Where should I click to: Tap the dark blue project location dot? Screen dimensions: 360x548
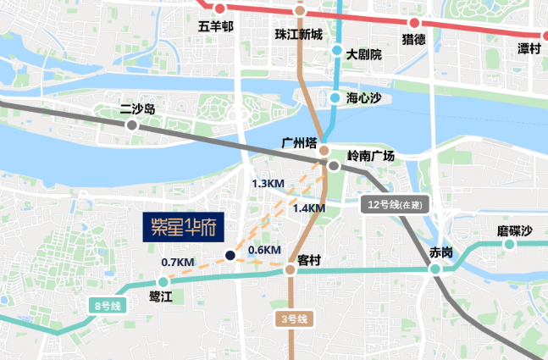(230, 256)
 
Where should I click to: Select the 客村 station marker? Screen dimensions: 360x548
(290, 269)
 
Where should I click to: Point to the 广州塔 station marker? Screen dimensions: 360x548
(324, 150)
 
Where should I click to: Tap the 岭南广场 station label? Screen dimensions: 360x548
(371, 156)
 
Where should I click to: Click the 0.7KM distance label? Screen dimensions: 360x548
(178, 262)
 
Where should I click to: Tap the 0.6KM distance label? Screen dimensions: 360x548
(264, 250)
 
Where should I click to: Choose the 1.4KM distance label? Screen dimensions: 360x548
(308, 208)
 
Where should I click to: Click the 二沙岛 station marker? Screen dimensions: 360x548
(131, 125)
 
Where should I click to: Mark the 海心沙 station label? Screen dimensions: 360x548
(364, 98)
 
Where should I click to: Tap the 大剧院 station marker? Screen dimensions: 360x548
(337, 51)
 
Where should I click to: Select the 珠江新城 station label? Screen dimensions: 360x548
(299, 35)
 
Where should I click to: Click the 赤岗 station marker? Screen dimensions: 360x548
(435, 269)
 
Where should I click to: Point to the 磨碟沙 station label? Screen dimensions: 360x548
(515, 231)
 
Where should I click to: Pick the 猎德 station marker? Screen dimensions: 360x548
(414, 23)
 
